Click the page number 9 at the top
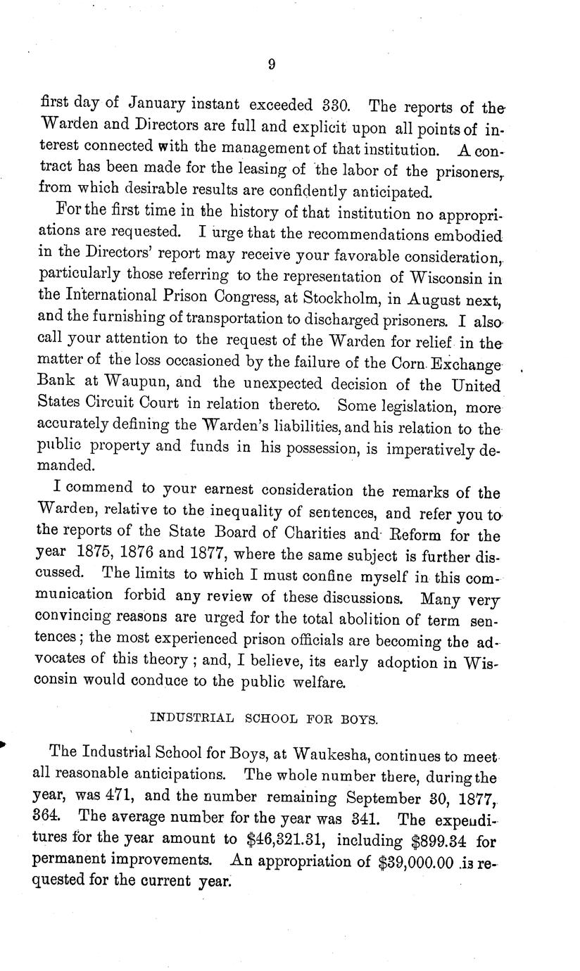point(272,65)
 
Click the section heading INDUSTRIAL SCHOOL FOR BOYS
point(265,719)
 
